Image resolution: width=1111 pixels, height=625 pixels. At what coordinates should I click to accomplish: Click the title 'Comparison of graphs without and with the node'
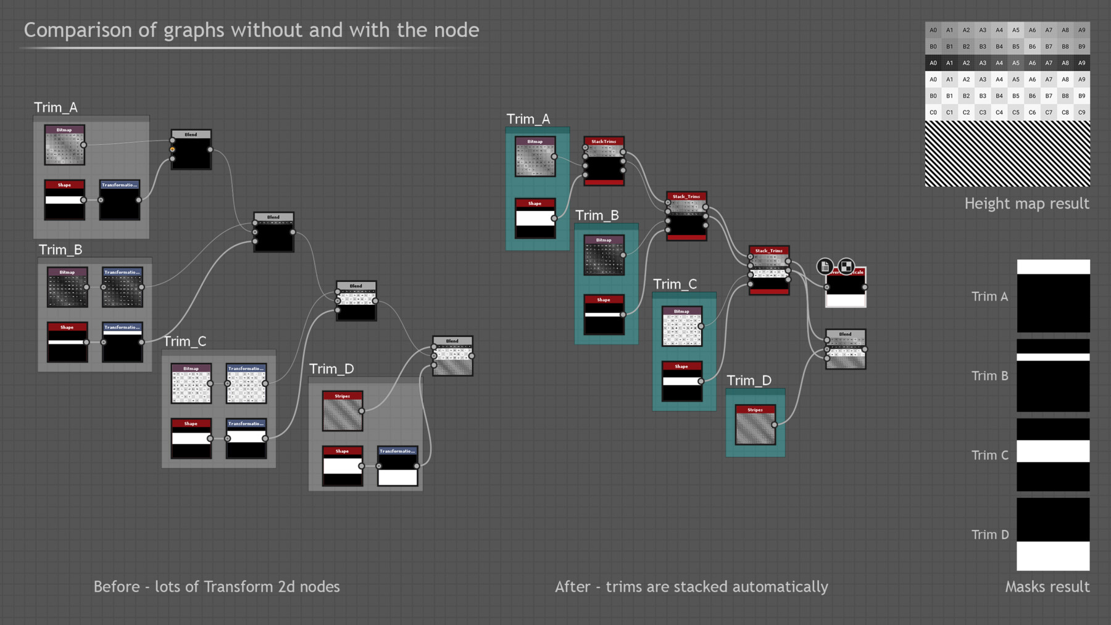coord(251,30)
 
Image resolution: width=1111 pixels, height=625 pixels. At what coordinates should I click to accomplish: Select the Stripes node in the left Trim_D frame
coord(342,411)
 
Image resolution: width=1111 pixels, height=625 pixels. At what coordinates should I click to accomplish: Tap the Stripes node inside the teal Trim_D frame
coord(755,424)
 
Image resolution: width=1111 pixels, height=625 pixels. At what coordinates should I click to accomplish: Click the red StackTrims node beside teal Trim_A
coord(604,161)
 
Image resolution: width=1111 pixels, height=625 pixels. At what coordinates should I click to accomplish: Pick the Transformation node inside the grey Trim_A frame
coord(120,199)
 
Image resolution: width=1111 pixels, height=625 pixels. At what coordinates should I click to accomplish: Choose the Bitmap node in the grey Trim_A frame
coord(64,145)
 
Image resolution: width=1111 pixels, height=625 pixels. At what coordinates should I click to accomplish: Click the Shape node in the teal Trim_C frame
coord(681,381)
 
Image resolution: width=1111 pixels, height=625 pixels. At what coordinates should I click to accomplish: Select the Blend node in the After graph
coord(846,349)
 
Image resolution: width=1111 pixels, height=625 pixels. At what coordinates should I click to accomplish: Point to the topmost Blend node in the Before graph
coord(191,149)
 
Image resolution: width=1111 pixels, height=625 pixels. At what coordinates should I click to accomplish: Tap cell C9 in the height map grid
coord(1081,112)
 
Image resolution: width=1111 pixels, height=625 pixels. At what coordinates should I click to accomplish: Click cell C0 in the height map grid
coord(933,112)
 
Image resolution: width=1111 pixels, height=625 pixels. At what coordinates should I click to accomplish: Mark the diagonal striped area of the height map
coord(1007,154)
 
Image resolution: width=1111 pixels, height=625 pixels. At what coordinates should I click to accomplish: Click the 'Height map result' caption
coord(1026,204)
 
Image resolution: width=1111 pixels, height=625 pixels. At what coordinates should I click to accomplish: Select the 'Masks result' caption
coord(1047,587)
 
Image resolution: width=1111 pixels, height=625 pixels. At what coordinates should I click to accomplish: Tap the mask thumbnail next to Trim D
coord(1053,534)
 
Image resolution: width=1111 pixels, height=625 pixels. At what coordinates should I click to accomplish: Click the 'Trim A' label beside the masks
coord(989,297)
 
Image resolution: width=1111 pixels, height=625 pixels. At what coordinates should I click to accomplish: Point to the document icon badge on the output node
coord(825,267)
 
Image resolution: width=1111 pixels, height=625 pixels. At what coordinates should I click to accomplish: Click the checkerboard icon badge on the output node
coord(846,267)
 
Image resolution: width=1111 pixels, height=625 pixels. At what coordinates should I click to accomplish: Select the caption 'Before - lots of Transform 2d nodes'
coord(217,587)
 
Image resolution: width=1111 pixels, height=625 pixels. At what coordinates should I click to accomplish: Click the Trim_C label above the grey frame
coord(185,342)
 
